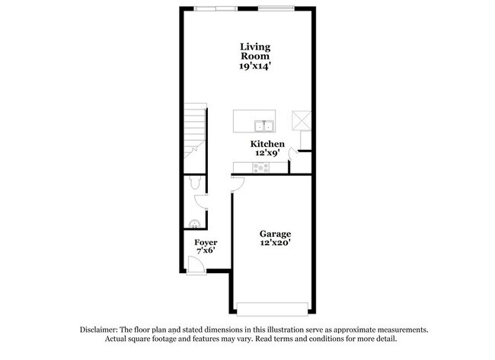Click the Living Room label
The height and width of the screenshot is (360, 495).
tap(255, 51)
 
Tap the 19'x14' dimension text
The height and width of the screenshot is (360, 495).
tap(255, 66)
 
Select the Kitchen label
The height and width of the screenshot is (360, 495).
tap(268, 144)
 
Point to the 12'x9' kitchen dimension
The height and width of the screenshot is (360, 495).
tap(268, 153)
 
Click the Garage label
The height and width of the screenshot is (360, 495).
tap(275, 234)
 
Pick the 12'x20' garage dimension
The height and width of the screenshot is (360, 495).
tap(275, 243)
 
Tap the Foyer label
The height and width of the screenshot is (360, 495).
tap(206, 243)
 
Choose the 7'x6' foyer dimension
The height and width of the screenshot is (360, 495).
tap(206, 252)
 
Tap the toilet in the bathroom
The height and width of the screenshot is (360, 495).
tap(194, 183)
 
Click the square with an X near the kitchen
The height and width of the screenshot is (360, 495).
tap(299, 119)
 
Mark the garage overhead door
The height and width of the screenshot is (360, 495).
tap(273, 308)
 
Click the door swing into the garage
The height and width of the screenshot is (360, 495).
tap(238, 182)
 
